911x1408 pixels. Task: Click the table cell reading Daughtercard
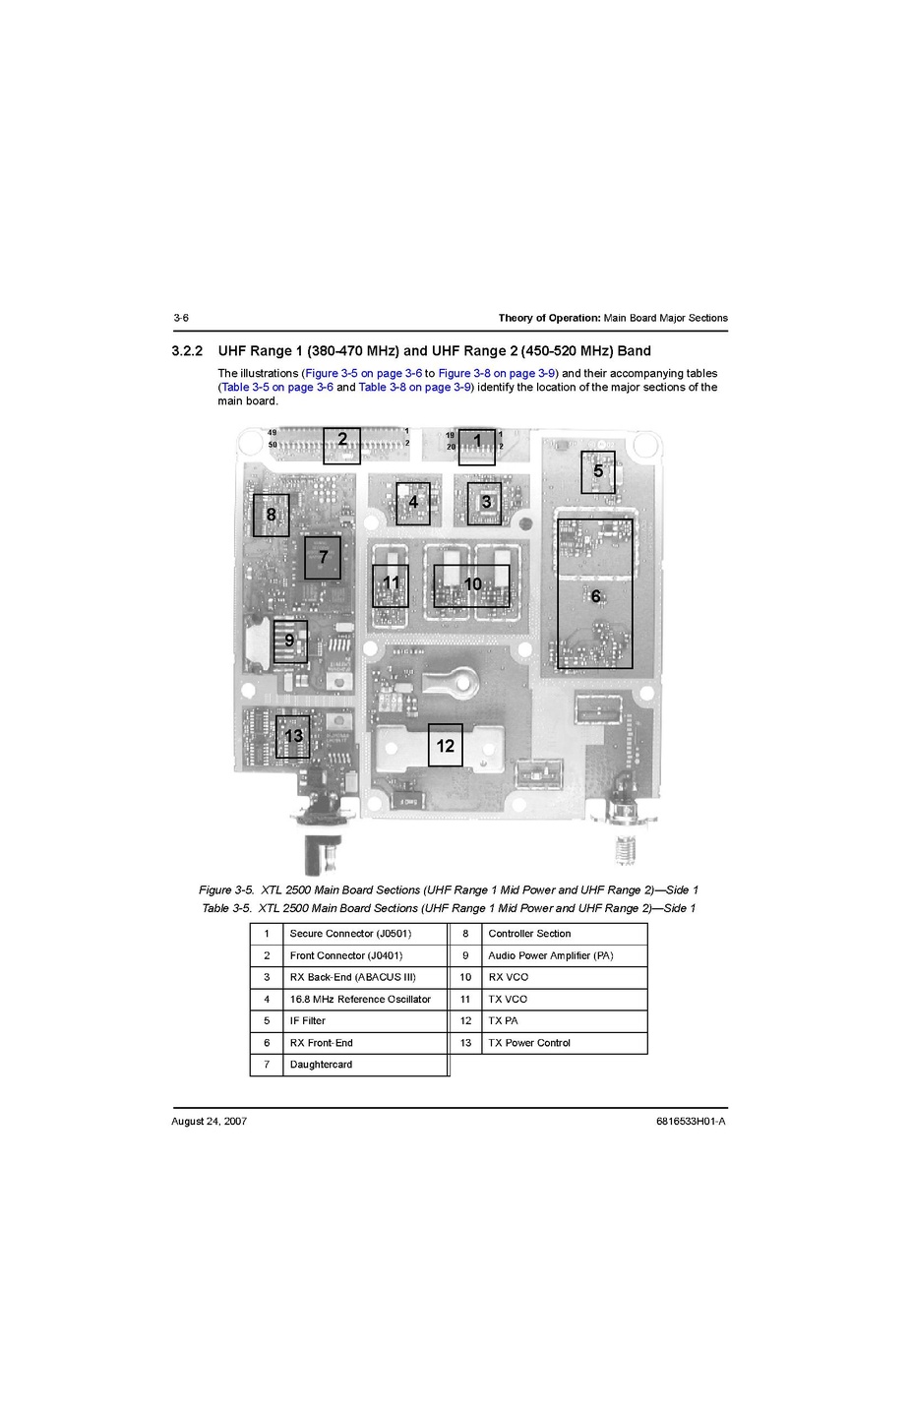pos(365,1065)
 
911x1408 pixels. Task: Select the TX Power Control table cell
pos(564,1043)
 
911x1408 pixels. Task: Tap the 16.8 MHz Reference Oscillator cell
pos(365,999)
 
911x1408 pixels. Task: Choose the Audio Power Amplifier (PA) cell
pos(564,955)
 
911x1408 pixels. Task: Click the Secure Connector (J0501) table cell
pos(365,934)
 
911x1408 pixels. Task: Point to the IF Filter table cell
pos(365,1020)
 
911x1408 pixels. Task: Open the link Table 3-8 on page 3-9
pos(415,388)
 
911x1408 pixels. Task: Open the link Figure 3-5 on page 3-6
pos(364,373)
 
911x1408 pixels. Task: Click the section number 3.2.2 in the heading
pos(187,350)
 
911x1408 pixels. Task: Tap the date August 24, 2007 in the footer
pos(210,1122)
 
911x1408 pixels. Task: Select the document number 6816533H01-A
pos(691,1122)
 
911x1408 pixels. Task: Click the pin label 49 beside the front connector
pos(273,433)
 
